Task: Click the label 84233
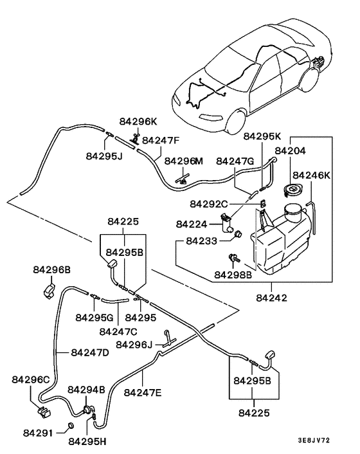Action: [x=201, y=241]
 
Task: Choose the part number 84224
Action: [x=190, y=224]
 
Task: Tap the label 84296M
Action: [x=183, y=161]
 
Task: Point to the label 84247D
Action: [x=89, y=352]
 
